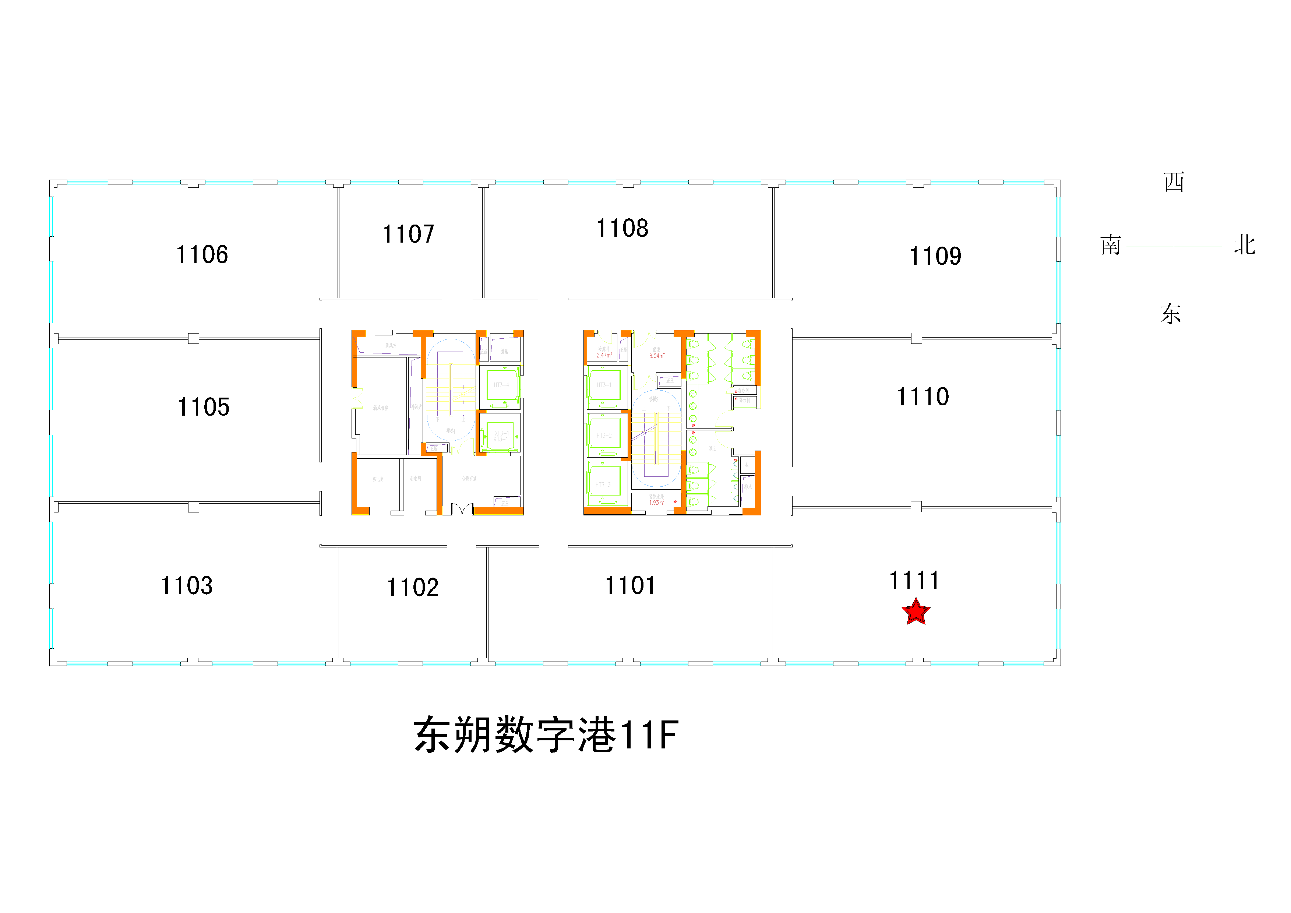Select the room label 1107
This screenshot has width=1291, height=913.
(x=408, y=234)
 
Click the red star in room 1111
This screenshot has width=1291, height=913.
(x=916, y=612)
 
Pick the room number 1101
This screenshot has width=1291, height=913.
(x=630, y=585)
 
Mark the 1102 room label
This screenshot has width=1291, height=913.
(x=412, y=588)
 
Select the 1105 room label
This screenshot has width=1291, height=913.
(x=204, y=407)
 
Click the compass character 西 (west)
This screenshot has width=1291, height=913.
(x=1174, y=182)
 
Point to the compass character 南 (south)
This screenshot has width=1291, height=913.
(x=1111, y=246)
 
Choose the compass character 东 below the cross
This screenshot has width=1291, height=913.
(x=1171, y=314)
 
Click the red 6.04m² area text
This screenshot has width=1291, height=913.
(x=657, y=356)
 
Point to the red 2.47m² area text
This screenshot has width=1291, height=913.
(x=604, y=355)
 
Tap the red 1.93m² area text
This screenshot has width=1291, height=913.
(x=656, y=503)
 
